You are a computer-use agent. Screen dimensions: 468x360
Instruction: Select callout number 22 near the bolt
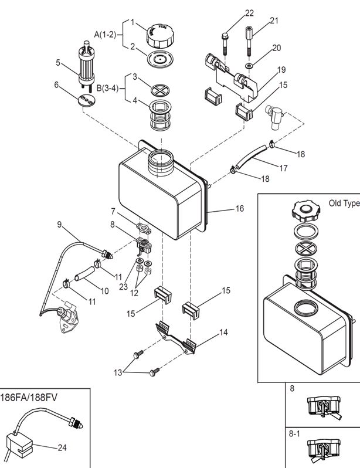pyautogui.click(x=250, y=13)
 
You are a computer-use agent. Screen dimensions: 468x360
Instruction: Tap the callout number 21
pyautogui.click(x=274, y=21)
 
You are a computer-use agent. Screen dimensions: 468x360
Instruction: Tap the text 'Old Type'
pyautogui.click(x=343, y=204)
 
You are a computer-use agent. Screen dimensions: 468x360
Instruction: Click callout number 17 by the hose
pyautogui.click(x=283, y=168)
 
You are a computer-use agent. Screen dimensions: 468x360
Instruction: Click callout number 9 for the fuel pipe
pyautogui.click(x=59, y=224)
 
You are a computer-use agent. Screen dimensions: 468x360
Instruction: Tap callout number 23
pyautogui.click(x=123, y=287)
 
